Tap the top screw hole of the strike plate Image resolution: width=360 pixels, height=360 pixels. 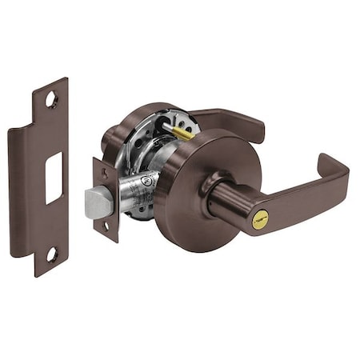pos(52,101)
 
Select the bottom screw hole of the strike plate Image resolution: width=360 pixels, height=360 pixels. pos(50,254)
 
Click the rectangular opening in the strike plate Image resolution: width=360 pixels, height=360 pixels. pos(54,177)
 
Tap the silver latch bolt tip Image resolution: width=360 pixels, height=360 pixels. pos(97,202)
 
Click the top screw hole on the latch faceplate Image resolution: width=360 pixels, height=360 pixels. pos(102,171)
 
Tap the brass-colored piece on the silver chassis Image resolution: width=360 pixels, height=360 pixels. pos(182,133)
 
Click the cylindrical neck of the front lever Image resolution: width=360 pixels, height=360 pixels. pos(228,204)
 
